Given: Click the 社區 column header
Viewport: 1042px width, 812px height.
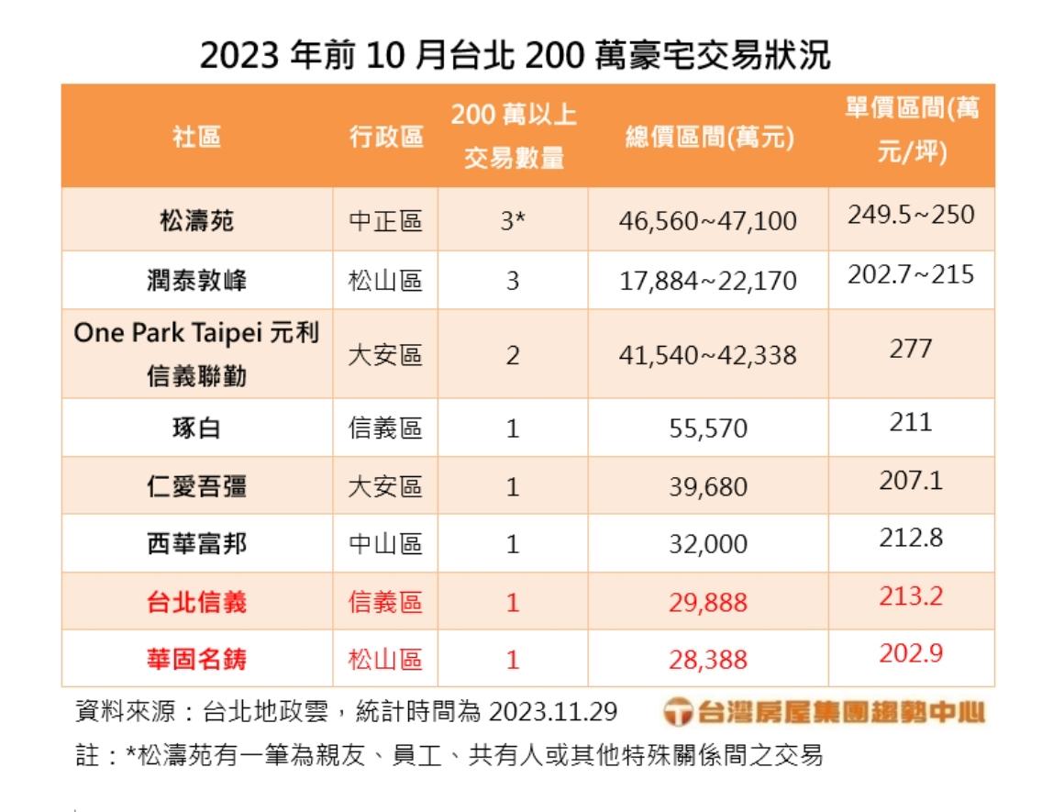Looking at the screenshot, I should tap(196, 138).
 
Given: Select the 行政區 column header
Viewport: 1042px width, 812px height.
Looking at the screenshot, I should tap(386, 138).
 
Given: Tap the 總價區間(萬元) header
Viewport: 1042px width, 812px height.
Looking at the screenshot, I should tap(708, 138).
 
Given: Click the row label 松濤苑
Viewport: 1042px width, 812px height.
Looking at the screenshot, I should tap(196, 221).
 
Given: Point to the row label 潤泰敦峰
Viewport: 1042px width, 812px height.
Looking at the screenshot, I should tap(196, 280).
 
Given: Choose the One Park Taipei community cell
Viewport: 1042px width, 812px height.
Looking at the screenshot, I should tap(196, 353).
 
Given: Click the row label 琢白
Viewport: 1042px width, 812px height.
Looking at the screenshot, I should tap(196, 428).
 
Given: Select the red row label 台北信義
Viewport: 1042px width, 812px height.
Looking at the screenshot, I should tap(196, 602).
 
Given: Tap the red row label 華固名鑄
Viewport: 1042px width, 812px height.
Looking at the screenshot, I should tap(196, 659).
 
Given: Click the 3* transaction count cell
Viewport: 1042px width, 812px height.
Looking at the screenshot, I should tap(513, 221).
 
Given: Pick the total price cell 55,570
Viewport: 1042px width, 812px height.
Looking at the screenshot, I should tap(708, 428).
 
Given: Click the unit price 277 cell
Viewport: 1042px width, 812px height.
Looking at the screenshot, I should tap(910, 349).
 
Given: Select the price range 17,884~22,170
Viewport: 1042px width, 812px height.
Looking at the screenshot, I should tap(708, 280).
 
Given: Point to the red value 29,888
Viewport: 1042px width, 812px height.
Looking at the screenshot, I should tap(708, 602).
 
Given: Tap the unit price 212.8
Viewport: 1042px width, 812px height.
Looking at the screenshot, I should tap(910, 538).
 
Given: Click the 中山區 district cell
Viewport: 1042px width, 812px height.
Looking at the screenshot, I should tap(386, 544).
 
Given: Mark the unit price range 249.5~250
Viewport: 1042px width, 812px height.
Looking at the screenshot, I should tap(910, 216).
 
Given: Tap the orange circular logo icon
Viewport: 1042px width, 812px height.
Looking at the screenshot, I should tap(678, 712).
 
